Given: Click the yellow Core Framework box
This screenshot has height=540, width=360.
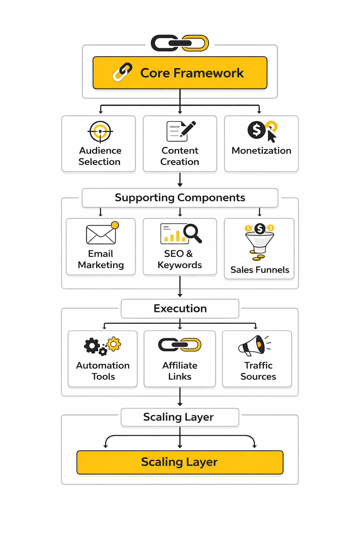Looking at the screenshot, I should click(180, 73).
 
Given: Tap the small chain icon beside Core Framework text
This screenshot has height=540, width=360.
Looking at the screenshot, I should click(122, 72).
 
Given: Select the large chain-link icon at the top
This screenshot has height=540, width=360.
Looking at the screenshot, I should click(180, 43).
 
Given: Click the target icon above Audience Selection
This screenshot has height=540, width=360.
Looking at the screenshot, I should click(100, 131).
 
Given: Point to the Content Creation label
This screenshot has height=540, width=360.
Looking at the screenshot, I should click(180, 156).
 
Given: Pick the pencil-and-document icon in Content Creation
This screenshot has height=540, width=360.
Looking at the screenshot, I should click(181, 131).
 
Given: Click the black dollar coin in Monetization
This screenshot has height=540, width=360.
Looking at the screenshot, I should click(256, 130).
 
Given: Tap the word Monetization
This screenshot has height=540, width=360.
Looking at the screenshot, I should click(261, 150).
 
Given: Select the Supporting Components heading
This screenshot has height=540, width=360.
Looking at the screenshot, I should click(180, 198).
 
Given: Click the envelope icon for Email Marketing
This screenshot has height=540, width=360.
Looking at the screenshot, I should click(101, 234).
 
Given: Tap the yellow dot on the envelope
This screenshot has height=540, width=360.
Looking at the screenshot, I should click(115, 225).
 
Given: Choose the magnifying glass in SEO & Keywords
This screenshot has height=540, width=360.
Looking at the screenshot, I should click(192, 233).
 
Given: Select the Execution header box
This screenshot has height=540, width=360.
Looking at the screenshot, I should click(180, 308).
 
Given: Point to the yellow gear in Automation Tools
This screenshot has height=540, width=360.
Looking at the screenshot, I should click(114, 344).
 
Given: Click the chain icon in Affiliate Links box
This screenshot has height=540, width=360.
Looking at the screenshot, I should click(180, 345).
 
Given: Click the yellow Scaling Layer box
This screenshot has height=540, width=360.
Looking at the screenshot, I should click(180, 462).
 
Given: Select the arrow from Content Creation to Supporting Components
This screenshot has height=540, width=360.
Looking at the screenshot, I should click(180, 180).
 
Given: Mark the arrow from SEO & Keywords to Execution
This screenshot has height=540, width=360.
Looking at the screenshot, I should click(180, 287).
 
